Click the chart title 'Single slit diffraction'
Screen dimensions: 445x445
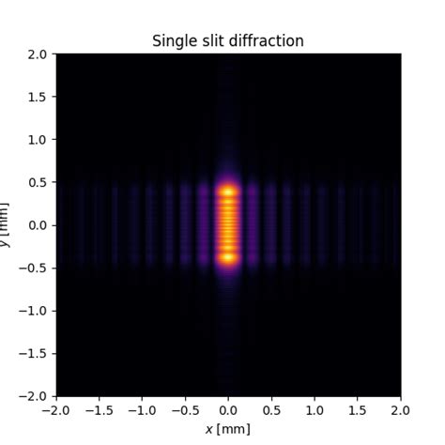coord(228,41)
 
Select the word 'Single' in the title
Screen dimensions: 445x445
coord(174,41)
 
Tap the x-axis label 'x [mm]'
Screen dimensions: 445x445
coord(228,428)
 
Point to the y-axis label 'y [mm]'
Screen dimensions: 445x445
coord(6,225)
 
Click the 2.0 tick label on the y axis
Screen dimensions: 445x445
coord(38,54)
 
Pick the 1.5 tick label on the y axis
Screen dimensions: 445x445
coord(38,97)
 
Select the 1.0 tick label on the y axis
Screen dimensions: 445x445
coord(38,140)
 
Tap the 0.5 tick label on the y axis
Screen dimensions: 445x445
coord(38,182)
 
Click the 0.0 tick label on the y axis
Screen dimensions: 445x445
coord(38,225)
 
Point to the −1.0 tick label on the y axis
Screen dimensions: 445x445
coord(34,311)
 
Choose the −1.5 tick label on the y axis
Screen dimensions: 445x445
coord(34,354)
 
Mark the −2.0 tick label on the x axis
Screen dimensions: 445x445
coord(56,410)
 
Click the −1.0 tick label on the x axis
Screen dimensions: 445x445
coord(142,410)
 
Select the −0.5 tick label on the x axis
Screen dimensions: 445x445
coord(185,410)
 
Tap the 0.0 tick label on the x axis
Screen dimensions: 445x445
coord(228,410)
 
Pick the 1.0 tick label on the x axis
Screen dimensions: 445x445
coord(315,410)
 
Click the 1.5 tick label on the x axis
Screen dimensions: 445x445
coord(358,410)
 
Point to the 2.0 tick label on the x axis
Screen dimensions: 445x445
coord(400,410)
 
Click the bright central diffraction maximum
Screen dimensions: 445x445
coord(228,224)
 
